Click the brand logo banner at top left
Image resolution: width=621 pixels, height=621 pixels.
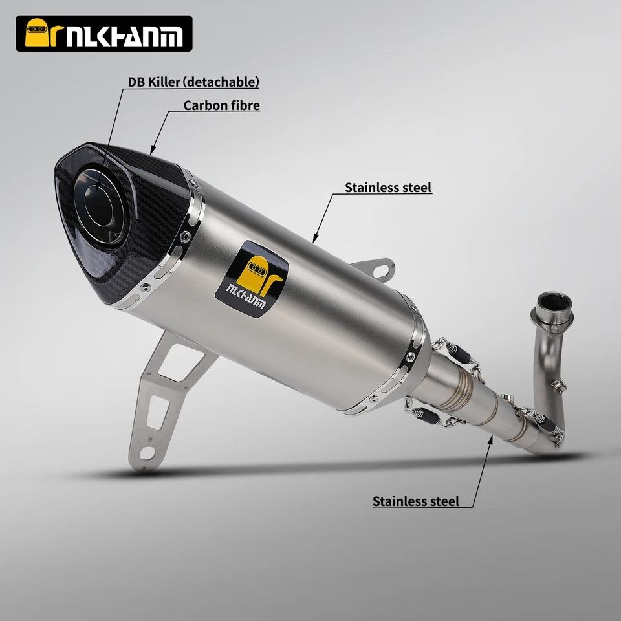103,34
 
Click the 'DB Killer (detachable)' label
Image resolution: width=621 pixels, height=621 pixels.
193,82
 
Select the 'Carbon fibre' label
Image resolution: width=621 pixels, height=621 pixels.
222,105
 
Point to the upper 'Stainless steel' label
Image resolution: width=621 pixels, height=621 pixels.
388,188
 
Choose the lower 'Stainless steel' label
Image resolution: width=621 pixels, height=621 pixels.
416,501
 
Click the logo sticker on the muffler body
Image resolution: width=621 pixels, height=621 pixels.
252,279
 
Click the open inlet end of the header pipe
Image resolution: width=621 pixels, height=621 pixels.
554,303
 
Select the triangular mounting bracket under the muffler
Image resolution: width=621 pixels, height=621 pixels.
166,400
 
